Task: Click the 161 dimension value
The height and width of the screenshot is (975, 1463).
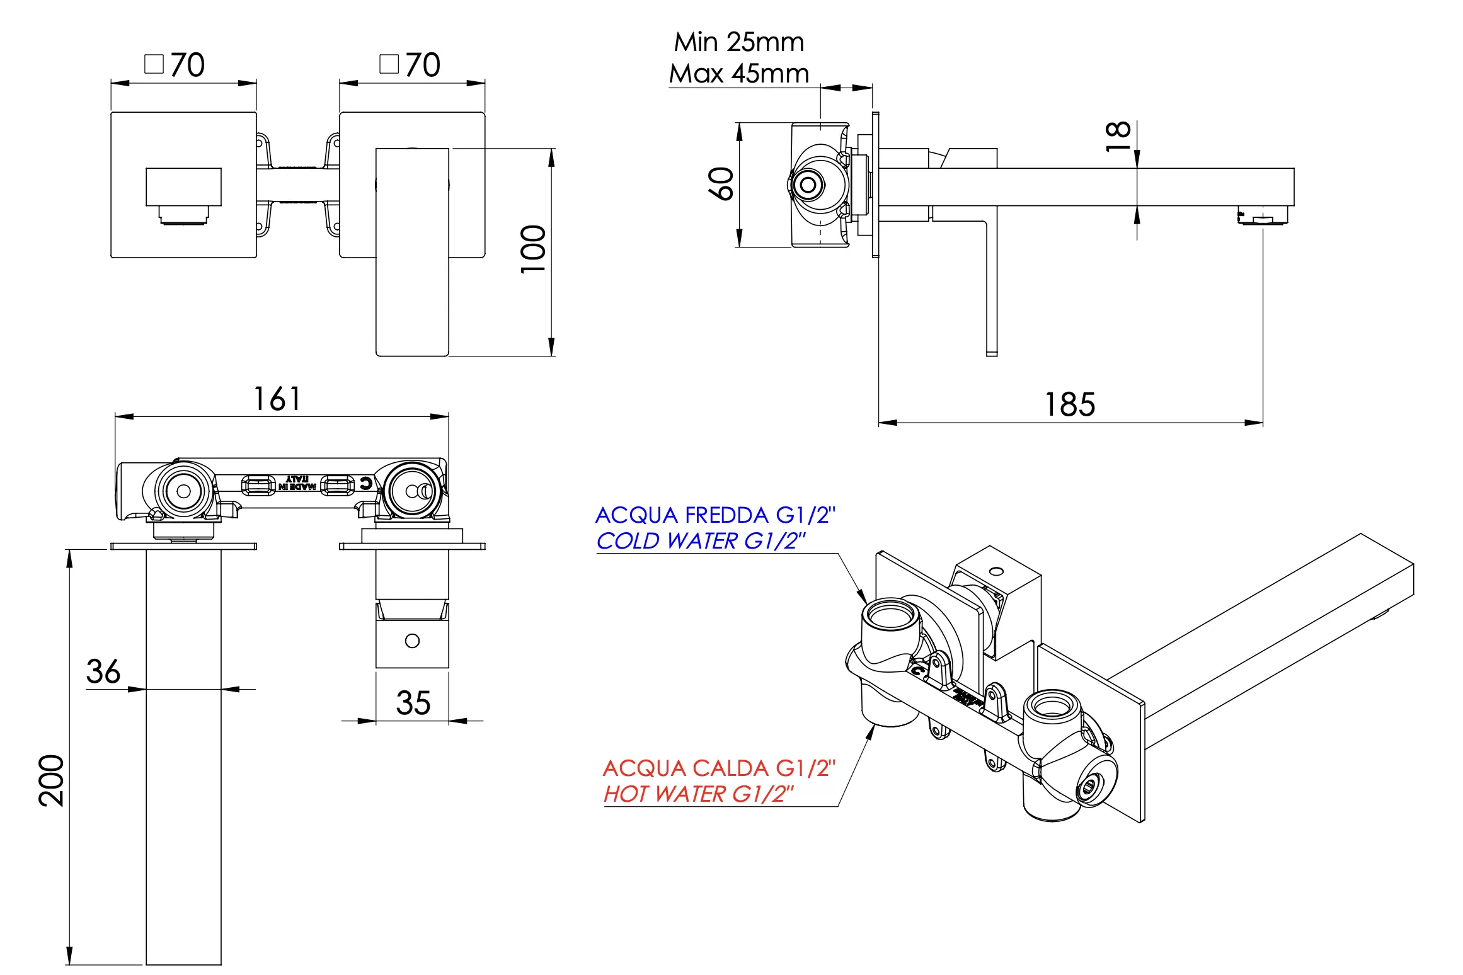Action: click(277, 399)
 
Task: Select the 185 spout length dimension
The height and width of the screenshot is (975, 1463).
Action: click(1070, 404)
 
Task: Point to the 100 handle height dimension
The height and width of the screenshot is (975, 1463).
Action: click(533, 249)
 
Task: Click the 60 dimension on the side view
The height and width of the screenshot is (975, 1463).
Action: click(721, 184)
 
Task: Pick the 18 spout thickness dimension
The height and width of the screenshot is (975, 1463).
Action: click(1118, 135)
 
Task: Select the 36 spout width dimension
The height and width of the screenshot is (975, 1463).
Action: click(103, 671)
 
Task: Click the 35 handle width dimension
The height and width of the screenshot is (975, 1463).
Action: click(413, 703)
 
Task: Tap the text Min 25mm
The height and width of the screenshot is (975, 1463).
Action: click(739, 42)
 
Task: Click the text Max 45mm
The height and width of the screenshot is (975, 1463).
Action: click(739, 74)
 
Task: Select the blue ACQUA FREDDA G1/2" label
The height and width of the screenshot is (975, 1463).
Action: click(715, 515)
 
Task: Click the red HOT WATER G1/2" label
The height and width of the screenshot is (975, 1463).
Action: click(698, 794)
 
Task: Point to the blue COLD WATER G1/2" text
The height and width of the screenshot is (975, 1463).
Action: click(701, 541)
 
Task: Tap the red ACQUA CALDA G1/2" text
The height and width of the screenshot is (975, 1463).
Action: click(718, 768)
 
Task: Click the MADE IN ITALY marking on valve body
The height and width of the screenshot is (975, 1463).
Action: click(297, 483)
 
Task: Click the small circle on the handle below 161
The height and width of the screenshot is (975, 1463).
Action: click(412, 641)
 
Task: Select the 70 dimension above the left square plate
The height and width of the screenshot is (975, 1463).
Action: click(187, 65)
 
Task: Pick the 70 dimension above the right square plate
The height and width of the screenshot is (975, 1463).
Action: click(422, 65)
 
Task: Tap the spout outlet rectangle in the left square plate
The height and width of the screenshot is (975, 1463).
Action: click(183, 186)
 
